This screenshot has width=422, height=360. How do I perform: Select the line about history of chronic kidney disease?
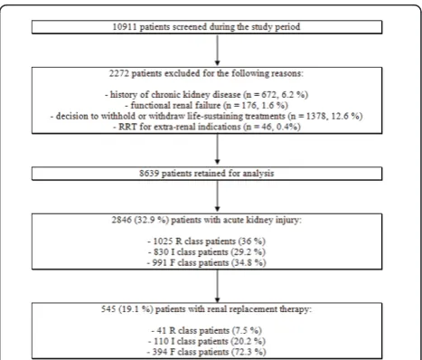click(207, 95)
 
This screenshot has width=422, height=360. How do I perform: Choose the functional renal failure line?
click(207, 106)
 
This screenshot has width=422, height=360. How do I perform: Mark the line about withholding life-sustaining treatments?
click(207, 116)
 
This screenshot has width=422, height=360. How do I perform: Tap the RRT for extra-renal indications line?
click(207, 127)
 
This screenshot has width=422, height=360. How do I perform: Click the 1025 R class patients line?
click(207, 242)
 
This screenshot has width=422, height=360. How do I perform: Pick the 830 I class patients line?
click(207, 252)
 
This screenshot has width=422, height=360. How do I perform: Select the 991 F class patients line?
click(207, 262)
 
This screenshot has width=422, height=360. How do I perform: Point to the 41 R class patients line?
click(207, 331)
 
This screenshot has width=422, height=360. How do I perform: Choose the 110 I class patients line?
click(207, 341)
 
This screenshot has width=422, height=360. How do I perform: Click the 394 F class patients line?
click(207, 352)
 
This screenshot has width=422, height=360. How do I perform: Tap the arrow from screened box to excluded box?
click(217, 50)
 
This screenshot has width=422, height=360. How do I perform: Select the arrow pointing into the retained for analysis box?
click(217, 149)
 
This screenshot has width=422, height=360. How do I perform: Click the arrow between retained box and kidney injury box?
click(217, 196)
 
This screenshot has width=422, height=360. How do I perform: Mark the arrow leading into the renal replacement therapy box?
click(217, 286)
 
